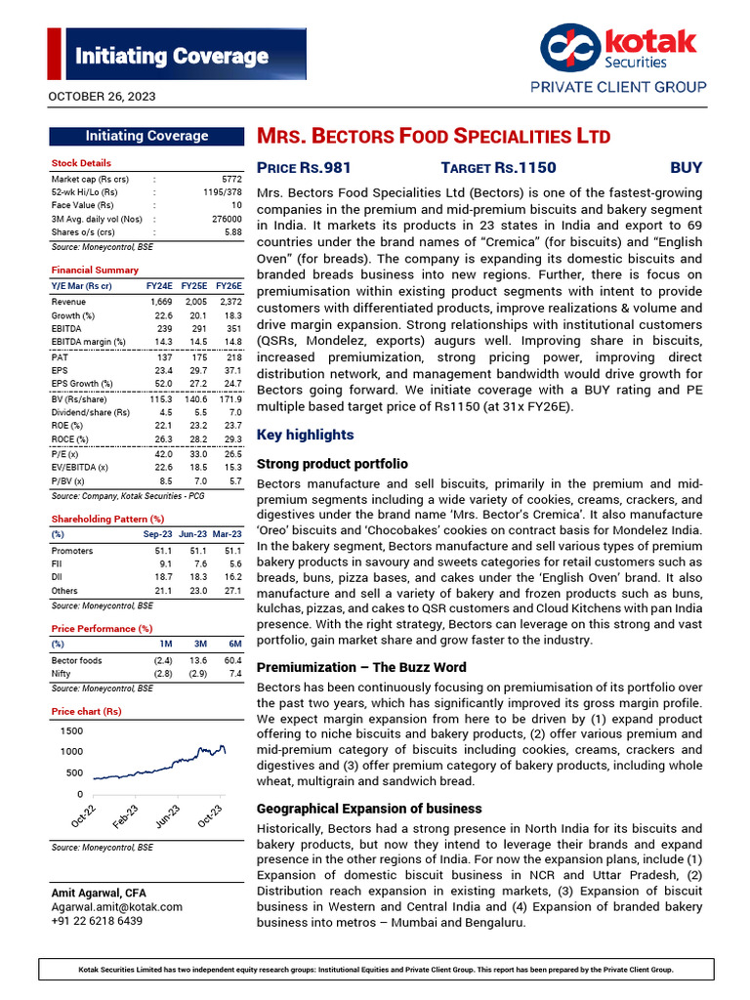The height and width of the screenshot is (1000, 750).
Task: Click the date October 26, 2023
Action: pyautogui.click(x=102, y=97)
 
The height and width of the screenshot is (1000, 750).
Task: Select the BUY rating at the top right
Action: pyautogui.click(x=686, y=168)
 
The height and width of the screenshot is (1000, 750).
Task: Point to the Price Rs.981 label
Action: pyautogui.click(x=304, y=168)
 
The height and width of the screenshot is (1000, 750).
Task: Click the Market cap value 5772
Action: pyautogui.click(x=230, y=180)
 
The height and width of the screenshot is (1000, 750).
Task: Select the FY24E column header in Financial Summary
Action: pyautogui.click(x=159, y=286)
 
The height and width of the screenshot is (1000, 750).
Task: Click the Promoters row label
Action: pyautogui.click(x=72, y=551)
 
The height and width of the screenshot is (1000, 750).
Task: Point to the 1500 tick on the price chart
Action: pyautogui.click(x=70, y=731)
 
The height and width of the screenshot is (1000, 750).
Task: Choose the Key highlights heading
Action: pyautogui.click(x=305, y=435)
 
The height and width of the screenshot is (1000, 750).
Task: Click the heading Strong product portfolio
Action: pyautogui.click(x=332, y=464)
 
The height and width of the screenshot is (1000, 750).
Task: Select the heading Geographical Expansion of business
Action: pyautogui.click(x=368, y=809)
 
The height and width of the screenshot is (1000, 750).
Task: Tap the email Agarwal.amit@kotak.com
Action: pyautogui.click(x=116, y=907)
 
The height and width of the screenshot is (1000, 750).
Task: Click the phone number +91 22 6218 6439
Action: pyautogui.click(x=97, y=921)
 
